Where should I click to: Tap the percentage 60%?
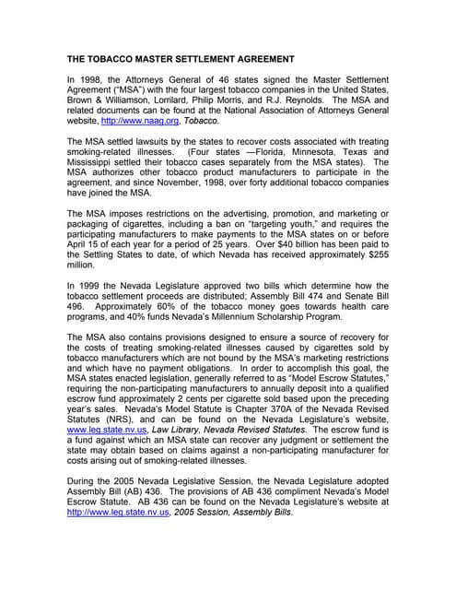pyautogui.click(x=154, y=311)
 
